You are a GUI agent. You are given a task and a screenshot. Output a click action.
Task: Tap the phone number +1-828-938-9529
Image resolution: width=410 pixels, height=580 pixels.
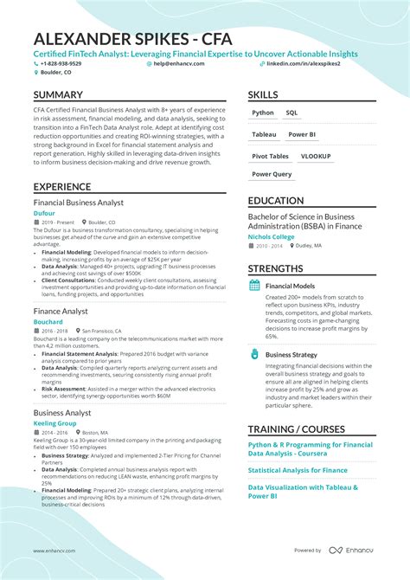click(x=61, y=63)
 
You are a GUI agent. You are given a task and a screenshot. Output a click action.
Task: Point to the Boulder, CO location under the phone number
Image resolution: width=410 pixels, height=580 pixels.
click(x=55, y=73)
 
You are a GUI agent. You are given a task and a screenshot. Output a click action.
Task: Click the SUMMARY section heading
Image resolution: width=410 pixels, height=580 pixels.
click(x=58, y=94)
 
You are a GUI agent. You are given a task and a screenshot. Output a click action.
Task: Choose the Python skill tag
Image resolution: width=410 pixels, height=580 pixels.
click(x=262, y=113)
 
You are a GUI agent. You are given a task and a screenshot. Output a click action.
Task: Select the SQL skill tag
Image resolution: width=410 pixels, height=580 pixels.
click(x=291, y=113)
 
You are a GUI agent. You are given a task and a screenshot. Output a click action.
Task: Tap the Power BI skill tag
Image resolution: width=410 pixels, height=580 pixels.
click(x=302, y=135)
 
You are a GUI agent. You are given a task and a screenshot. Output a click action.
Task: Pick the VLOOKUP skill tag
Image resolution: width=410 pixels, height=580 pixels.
click(x=316, y=157)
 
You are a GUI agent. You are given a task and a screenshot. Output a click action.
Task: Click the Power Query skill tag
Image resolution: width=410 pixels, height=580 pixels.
click(x=272, y=174)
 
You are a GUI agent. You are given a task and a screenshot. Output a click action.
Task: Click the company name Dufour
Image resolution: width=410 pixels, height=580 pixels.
click(x=45, y=213)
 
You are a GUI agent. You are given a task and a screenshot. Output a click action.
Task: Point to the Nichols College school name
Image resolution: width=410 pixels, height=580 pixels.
click(x=271, y=236)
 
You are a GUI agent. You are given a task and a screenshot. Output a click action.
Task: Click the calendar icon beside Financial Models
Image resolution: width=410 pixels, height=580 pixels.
click(x=254, y=285)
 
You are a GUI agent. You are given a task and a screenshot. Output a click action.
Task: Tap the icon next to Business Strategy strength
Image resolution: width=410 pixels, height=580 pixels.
click(x=254, y=354)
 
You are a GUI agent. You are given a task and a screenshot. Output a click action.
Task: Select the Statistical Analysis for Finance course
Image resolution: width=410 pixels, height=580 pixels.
click(x=298, y=470)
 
